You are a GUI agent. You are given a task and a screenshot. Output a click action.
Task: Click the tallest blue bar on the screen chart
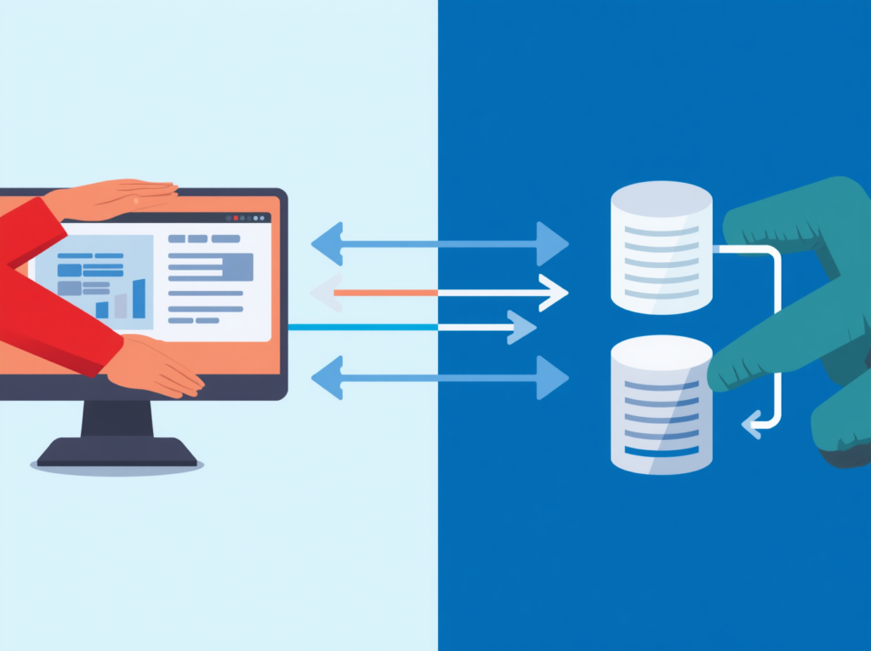tap(139, 299)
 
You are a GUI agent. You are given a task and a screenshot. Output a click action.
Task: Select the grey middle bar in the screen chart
tap(121, 306)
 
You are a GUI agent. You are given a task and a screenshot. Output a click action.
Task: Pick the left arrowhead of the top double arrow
tap(327, 243)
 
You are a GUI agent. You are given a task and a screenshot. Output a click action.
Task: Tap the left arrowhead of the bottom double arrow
tap(327, 378)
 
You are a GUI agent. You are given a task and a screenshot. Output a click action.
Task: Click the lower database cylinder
tap(661, 404)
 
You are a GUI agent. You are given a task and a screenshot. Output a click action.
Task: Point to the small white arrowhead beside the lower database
tap(751, 423)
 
